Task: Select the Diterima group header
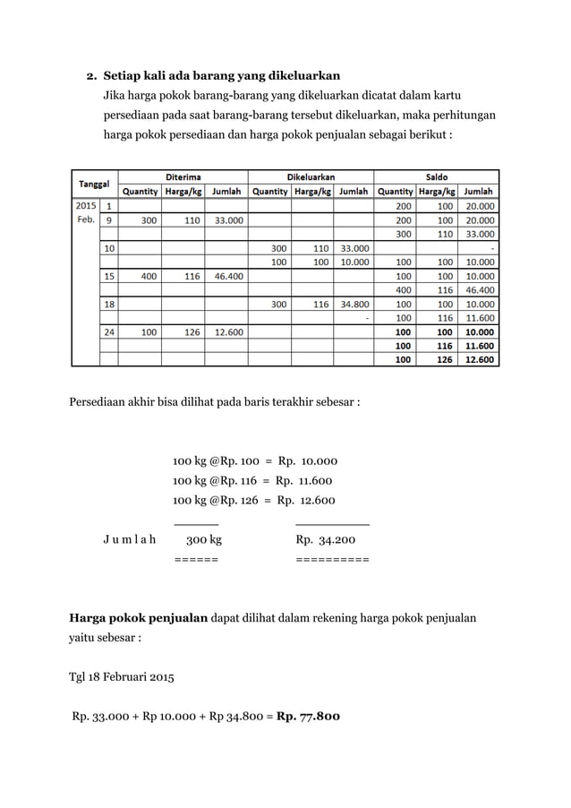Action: pyautogui.click(x=182, y=176)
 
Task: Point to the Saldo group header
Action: pyautogui.click(x=438, y=176)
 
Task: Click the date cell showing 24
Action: pyautogui.click(x=108, y=331)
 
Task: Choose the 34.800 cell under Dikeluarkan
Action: pyautogui.click(x=354, y=304)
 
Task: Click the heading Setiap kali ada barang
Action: pyautogui.click(x=222, y=75)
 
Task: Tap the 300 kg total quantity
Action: pyautogui.click(x=203, y=540)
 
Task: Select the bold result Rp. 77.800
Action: pyautogui.click(x=308, y=716)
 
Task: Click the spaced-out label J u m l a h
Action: pyautogui.click(x=129, y=540)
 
